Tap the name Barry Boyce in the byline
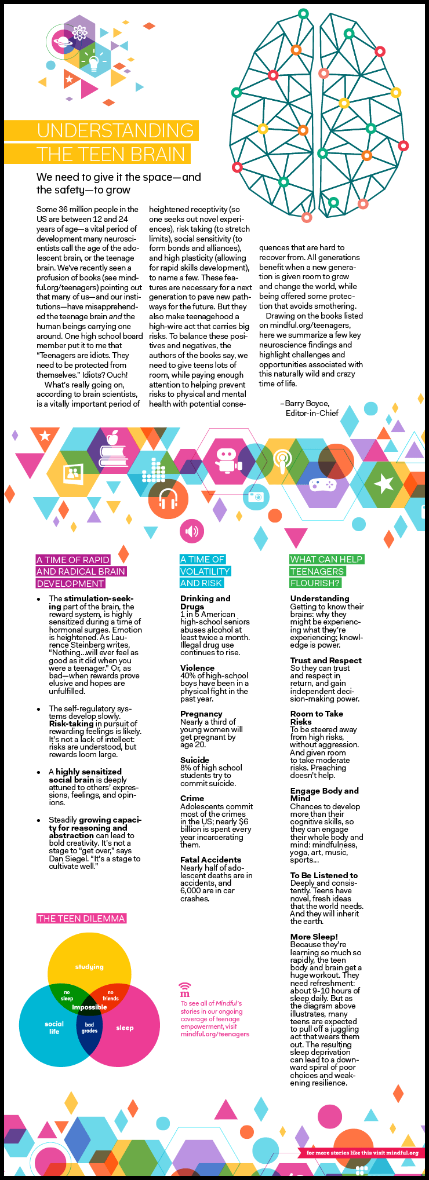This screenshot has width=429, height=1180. (307, 403)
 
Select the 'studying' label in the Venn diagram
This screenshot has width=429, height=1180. (89, 967)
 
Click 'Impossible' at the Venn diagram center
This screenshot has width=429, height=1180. (89, 1007)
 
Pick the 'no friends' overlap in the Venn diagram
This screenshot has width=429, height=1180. (110, 995)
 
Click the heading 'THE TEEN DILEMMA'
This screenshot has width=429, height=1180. (81, 918)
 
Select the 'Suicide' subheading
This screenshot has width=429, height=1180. (195, 760)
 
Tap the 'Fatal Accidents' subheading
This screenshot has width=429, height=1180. (210, 860)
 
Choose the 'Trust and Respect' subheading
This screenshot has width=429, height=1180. (326, 660)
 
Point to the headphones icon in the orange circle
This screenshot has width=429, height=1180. (168, 498)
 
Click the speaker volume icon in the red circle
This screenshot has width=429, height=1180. (192, 530)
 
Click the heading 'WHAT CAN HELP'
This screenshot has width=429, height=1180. (326, 559)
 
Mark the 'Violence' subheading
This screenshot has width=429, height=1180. (197, 668)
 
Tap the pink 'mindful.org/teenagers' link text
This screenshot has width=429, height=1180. (214, 1034)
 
